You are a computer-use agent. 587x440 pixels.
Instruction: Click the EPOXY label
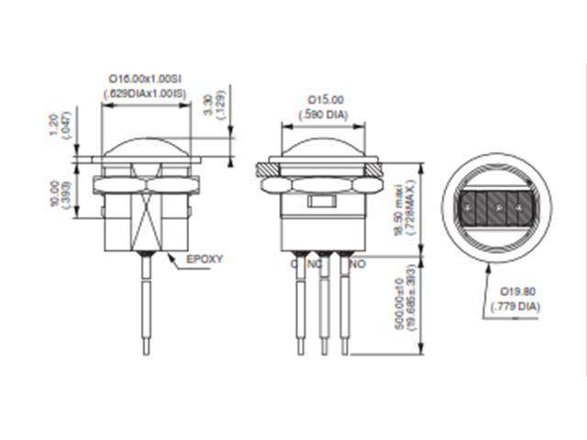205,259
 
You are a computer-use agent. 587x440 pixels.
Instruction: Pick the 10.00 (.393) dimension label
58,194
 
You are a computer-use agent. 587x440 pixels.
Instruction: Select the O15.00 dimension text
324,100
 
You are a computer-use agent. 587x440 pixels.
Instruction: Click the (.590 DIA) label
324,114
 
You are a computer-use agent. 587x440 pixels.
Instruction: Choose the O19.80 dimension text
518,291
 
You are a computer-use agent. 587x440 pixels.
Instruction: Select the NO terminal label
359,263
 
